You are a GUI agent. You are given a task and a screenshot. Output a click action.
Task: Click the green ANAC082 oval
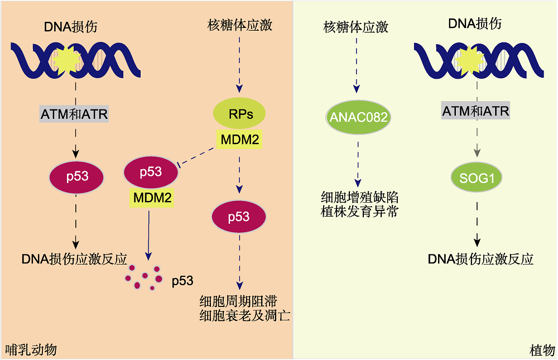coord(358,117)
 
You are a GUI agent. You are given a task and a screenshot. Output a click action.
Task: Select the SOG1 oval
coord(477,177)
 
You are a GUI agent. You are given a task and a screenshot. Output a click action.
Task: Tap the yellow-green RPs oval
coord(239,114)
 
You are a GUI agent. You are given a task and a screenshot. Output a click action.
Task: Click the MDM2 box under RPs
coord(239,139)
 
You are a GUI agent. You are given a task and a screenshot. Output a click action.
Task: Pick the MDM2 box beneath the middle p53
coord(152,198)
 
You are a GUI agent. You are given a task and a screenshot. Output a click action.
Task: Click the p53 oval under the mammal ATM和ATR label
coord(76,177)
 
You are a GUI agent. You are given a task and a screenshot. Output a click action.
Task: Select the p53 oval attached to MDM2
coord(151,172)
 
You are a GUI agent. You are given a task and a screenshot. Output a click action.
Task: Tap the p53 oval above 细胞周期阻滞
coord(239,217)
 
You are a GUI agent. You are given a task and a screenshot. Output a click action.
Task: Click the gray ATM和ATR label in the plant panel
coord(475,111)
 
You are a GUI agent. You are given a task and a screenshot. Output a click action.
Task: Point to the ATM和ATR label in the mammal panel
coord(74,114)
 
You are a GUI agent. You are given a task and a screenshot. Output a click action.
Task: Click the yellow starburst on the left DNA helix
coord(67,60)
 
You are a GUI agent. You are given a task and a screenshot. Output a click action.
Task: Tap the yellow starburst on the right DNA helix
coord(470,60)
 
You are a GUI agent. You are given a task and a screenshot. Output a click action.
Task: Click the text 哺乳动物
coord(31,349)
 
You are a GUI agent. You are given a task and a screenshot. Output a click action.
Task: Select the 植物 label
coord(542,351)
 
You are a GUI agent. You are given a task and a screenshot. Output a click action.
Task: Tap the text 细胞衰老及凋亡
coord(245,315)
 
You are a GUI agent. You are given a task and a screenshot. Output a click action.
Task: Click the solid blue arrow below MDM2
coord(149,236)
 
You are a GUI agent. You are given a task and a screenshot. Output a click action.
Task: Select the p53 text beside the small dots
coord(182,281)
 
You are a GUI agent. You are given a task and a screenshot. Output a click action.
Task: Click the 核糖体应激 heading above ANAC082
coord(356,27)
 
